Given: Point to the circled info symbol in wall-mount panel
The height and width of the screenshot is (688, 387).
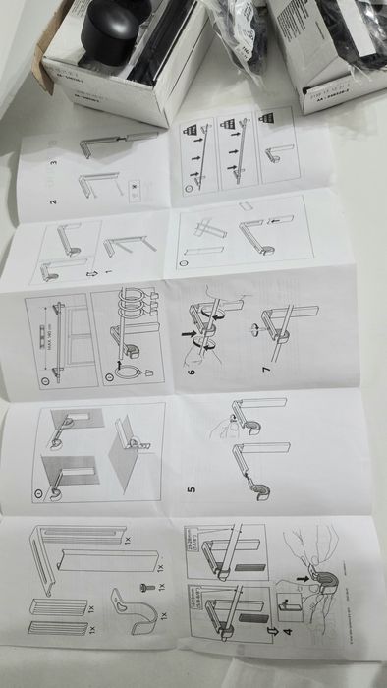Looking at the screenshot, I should tap(40, 486).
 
